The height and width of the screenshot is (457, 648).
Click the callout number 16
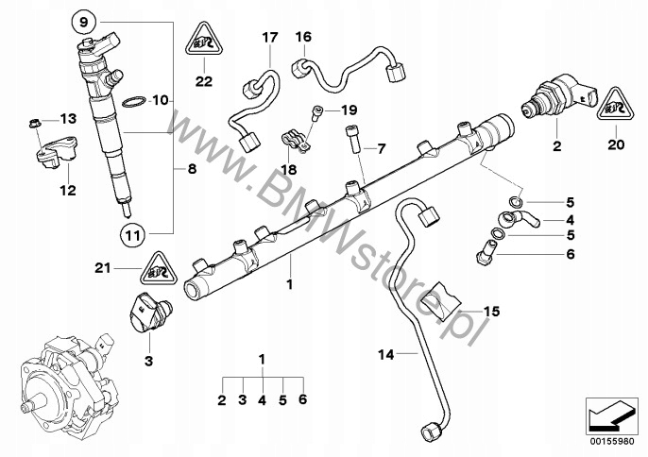[x=302, y=38]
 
